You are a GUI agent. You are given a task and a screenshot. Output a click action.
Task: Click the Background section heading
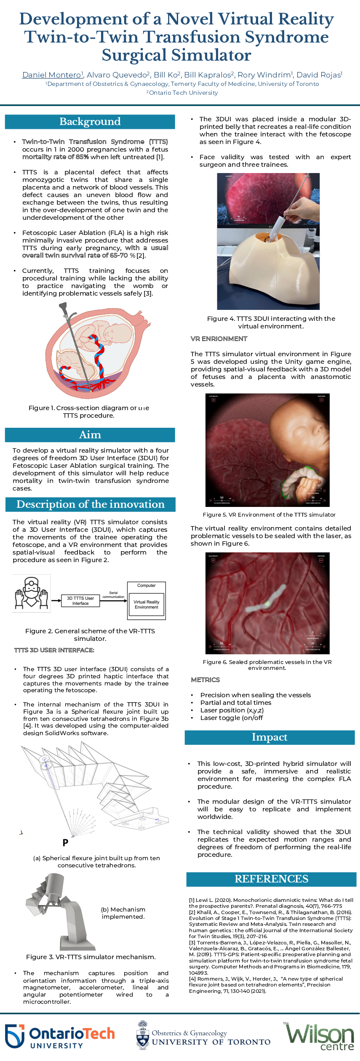click(90, 122)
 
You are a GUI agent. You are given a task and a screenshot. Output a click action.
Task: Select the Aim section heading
click(90, 435)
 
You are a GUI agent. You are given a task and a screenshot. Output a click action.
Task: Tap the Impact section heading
click(269, 737)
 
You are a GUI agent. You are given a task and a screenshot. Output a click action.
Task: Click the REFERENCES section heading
click(271, 879)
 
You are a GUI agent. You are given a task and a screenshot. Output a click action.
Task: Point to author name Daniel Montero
click(52, 75)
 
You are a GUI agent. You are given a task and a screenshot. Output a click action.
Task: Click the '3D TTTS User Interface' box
click(80, 601)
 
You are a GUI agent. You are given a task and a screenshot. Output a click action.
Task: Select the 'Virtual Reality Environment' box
click(147, 605)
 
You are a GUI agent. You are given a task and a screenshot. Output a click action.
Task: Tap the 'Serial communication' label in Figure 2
click(113, 594)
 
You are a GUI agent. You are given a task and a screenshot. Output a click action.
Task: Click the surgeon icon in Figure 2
click(32, 593)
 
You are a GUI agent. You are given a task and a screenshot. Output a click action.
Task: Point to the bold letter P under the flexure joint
click(65, 842)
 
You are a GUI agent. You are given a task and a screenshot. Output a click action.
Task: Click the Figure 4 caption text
click(271, 323)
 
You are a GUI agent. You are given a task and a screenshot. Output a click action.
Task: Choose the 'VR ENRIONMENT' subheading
click(219, 339)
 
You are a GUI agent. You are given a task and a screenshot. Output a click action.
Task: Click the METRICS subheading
click(205, 680)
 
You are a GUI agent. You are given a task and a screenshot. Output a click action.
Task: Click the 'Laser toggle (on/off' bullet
click(231, 718)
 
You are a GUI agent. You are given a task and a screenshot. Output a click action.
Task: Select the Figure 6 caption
click(267, 665)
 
